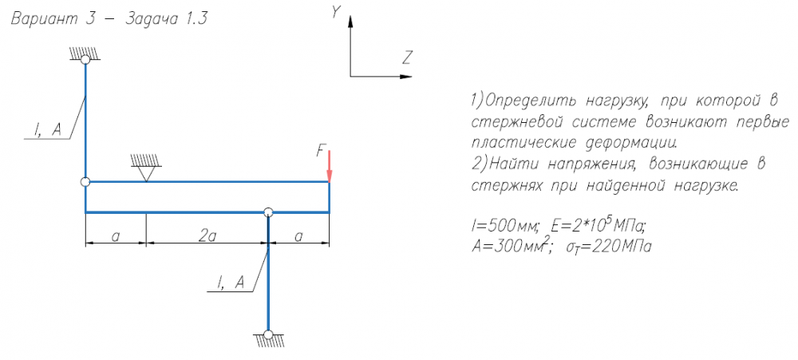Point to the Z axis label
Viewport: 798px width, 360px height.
click(407, 57)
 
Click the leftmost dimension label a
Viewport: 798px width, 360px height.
click(116, 236)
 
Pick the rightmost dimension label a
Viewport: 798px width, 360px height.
click(299, 236)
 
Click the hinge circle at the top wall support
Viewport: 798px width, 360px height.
click(85, 60)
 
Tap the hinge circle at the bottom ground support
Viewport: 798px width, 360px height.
click(268, 334)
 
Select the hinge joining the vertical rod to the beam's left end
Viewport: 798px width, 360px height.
click(85, 182)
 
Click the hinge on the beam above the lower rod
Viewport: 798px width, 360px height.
click(268, 212)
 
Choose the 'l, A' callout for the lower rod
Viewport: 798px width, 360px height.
click(231, 282)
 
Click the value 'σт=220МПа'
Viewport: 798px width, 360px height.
click(607, 246)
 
